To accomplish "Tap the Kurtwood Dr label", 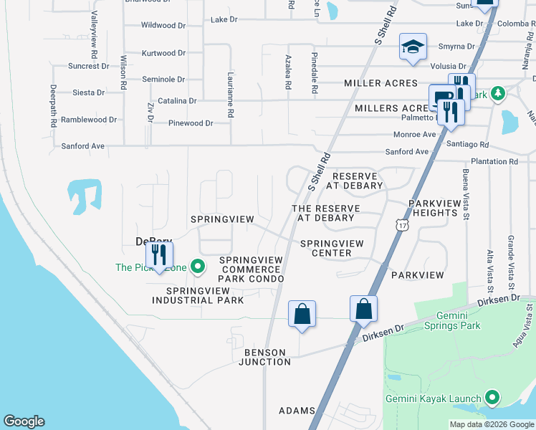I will point(163,53).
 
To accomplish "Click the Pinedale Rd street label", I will point(314,73).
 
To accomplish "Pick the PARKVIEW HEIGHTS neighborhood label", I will point(434,209).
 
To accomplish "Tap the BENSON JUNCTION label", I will point(267,357).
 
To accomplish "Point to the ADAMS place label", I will point(297,411).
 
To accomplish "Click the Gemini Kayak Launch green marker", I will point(492,397).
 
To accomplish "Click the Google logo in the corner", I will point(24,421).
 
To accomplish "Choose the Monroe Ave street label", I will point(414,135).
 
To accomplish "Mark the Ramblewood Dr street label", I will point(89,120).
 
